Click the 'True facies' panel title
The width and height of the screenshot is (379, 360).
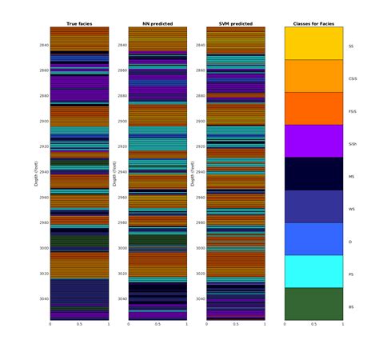(x=79, y=24)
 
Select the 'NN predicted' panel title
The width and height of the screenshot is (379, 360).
(x=158, y=24)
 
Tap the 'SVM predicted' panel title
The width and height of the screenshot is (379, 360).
(x=235, y=24)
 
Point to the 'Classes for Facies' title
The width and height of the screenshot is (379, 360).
(x=313, y=24)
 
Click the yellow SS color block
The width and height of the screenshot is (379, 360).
(x=313, y=43)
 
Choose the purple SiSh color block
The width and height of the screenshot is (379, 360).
(x=313, y=141)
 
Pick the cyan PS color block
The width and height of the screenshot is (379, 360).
(x=313, y=271)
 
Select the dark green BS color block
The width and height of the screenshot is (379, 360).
(x=313, y=304)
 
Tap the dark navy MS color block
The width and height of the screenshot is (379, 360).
(x=313, y=174)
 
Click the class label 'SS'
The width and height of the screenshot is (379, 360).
(x=351, y=46)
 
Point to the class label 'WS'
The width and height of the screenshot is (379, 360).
(x=351, y=210)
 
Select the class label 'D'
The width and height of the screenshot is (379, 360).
(x=350, y=242)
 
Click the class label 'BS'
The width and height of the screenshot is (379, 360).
(x=351, y=307)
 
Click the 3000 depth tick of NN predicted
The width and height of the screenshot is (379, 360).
(x=121, y=248)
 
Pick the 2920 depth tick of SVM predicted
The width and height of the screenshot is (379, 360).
(x=199, y=146)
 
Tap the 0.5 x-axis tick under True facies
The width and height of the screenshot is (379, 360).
(x=79, y=325)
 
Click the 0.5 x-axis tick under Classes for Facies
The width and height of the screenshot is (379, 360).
(x=313, y=325)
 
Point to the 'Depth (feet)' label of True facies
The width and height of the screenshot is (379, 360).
(x=35, y=174)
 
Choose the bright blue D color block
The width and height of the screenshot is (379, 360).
(x=313, y=238)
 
